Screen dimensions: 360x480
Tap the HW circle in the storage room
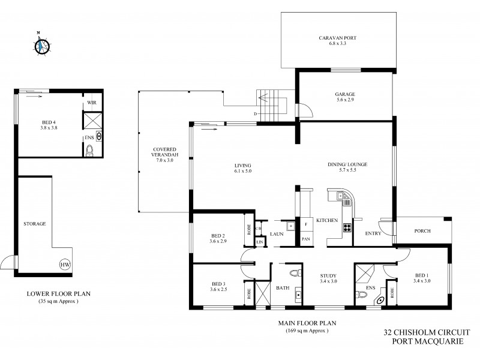pos(64,265)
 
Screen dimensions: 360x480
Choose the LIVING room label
pos(242,169)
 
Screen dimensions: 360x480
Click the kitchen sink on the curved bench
pos(341,196)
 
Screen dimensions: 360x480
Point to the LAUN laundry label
pos(277,233)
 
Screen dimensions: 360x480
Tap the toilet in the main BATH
pos(293,274)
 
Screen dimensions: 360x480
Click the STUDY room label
pos(328,280)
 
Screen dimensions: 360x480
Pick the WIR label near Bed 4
pos(92,103)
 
